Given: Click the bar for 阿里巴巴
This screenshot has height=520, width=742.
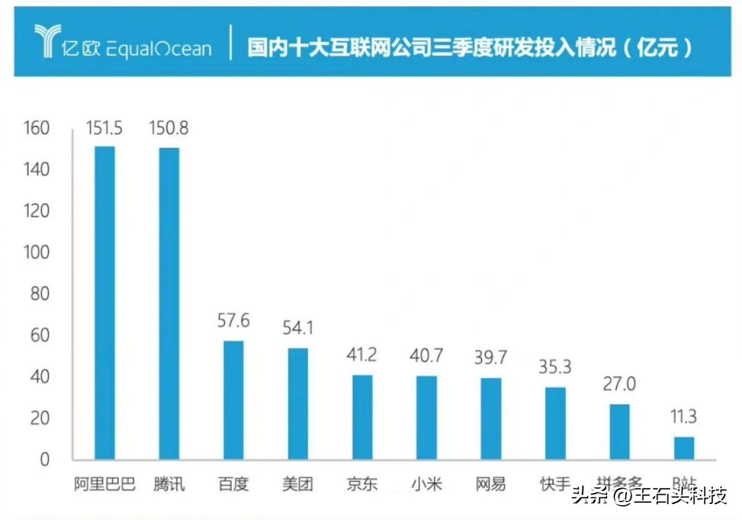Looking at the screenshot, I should click(104, 303).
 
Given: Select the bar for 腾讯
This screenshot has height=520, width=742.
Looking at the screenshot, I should click(169, 303).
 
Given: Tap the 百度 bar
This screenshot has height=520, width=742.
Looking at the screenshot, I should click(233, 400).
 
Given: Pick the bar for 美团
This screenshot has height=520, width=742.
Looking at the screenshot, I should click(298, 404).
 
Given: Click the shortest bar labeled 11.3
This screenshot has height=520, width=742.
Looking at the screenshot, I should click(684, 448).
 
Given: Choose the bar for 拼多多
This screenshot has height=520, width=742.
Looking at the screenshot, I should click(619, 431).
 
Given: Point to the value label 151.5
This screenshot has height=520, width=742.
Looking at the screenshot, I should click(104, 128).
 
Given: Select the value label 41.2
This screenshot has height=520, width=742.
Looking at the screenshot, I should click(361, 355).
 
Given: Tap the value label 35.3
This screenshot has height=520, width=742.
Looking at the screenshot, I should click(555, 367).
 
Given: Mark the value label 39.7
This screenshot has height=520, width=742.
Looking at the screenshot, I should click(490, 358).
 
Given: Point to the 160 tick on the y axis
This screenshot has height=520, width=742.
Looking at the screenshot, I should click(36, 128).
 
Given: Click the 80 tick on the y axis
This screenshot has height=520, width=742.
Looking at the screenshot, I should click(39, 294).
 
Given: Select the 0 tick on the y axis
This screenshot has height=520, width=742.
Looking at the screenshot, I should click(44, 460).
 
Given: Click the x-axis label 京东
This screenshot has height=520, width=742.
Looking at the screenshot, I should click(361, 484).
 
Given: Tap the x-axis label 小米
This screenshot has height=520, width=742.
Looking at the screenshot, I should click(426, 484).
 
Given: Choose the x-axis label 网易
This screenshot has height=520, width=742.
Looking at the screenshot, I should click(490, 484).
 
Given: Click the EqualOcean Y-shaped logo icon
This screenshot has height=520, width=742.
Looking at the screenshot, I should click(47, 41).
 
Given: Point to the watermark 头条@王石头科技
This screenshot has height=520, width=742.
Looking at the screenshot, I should click(650, 495).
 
